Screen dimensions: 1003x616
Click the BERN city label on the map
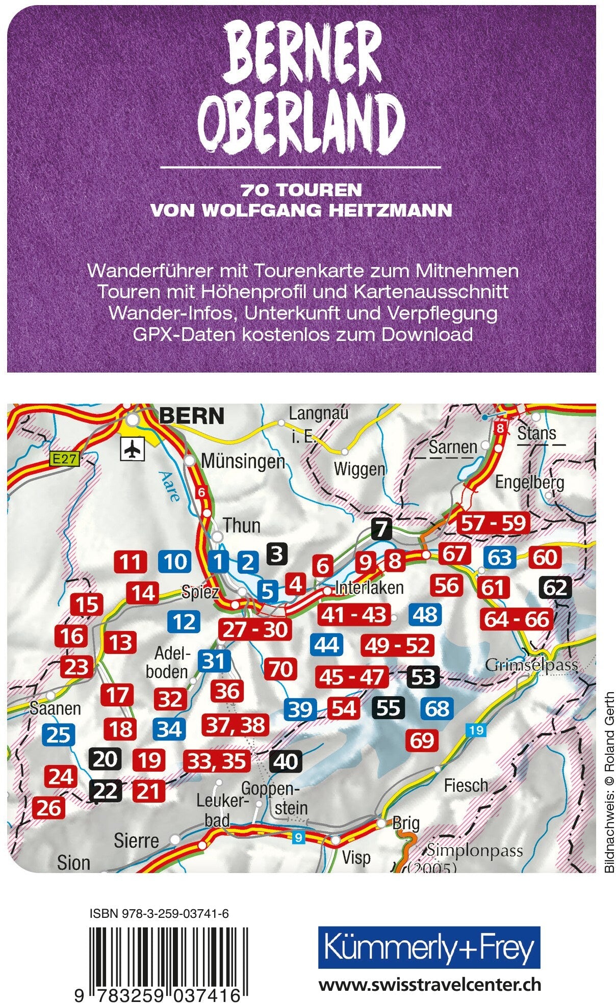pos(192,416)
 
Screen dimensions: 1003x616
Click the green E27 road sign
pos(65,459)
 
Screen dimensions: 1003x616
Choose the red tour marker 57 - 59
pos(493,523)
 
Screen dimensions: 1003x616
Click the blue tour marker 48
pos(425,615)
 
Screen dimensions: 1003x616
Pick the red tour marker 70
pos(280,669)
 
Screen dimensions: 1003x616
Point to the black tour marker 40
pos(286,761)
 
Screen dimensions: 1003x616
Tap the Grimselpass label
pos(531,665)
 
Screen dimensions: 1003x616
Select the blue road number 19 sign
pos(476,730)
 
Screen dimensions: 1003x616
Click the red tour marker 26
pos(49,808)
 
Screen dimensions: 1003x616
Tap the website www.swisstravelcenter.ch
pos(429,985)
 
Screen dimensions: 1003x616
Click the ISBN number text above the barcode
pos(159,914)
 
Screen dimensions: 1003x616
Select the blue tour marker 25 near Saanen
pos(58,734)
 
